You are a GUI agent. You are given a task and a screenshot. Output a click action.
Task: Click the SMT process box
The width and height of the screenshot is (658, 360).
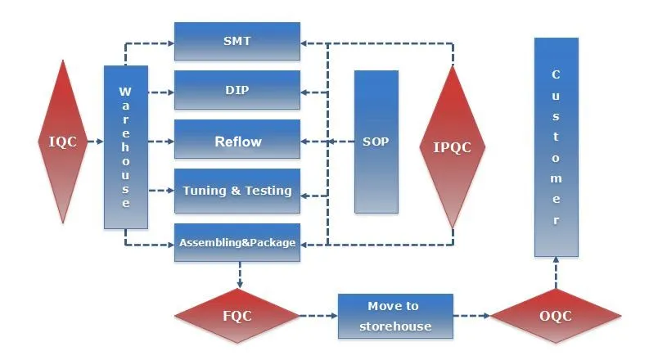pyautogui.click(x=237, y=41)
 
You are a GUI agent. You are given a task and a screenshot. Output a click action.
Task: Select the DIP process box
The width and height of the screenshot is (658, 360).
pyautogui.click(x=237, y=90)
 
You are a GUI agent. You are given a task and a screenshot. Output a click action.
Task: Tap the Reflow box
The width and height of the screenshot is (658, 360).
pyautogui.click(x=237, y=141)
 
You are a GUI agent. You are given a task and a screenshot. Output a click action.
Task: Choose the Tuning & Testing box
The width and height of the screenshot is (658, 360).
pyautogui.click(x=237, y=191)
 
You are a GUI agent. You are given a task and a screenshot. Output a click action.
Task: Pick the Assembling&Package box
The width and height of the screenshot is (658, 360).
pyautogui.click(x=237, y=242)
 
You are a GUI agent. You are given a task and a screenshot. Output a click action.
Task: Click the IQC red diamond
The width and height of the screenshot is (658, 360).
pyautogui.click(x=63, y=141)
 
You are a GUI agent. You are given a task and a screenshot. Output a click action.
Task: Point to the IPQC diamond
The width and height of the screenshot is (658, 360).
pyautogui.click(x=452, y=147)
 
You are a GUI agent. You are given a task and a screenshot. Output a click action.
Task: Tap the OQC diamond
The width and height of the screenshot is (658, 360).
pyautogui.click(x=556, y=316)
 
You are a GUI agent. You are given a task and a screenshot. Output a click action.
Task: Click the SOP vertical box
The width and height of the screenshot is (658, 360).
pyautogui.click(x=376, y=141)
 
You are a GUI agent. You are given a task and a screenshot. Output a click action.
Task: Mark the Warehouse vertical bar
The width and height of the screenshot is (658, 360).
pyautogui.click(x=125, y=147)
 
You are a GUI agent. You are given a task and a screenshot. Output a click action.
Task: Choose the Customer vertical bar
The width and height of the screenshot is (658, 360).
pyautogui.click(x=557, y=147)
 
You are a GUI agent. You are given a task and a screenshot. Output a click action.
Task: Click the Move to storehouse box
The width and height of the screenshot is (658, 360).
pyautogui.click(x=395, y=316)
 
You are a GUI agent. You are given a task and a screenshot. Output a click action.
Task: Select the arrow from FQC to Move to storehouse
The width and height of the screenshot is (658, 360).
pyautogui.click(x=319, y=316)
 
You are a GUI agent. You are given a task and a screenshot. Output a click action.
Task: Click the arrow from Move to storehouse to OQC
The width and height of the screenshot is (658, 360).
pyautogui.click(x=471, y=316)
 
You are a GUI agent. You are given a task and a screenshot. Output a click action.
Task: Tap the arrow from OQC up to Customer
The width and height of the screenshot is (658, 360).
pyautogui.click(x=557, y=272)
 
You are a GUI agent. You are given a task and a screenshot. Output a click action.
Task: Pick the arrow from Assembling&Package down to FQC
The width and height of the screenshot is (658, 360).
pyautogui.click(x=238, y=275)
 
